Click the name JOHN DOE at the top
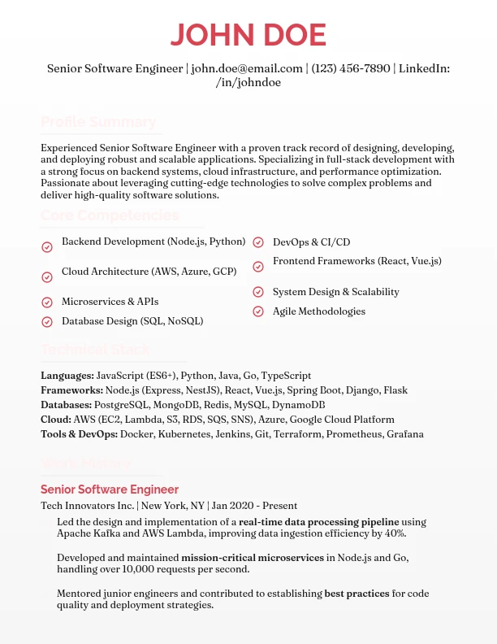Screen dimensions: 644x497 coord(248,35)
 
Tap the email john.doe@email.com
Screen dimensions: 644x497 coord(247,68)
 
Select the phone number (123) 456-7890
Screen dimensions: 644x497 coord(351,68)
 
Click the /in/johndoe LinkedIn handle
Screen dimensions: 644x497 coord(248,83)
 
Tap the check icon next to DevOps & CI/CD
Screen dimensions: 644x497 coord(258,242)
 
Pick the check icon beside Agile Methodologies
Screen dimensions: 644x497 coord(258,311)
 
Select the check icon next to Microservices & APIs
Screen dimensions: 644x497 coord(47,302)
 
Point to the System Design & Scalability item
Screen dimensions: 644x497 coord(335,292)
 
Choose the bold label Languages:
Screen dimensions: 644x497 coord(67,376)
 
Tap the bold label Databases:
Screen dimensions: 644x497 coord(67,405)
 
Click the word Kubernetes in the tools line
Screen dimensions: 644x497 coord(185,434)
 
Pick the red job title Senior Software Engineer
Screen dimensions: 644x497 coord(110,490)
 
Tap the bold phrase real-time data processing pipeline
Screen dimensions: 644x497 coord(309,521)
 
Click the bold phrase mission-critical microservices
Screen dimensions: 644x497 coord(252,557)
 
